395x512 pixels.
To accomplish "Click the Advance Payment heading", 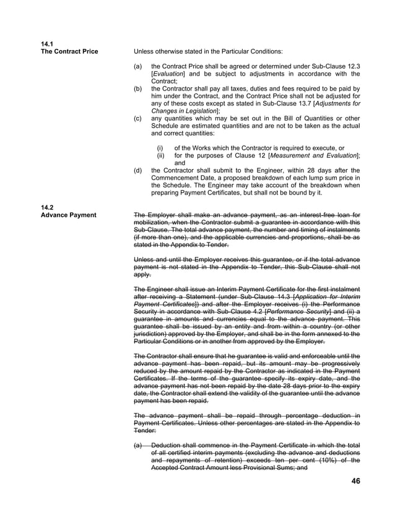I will click(67, 215).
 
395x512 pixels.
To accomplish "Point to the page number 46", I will click(355, 482).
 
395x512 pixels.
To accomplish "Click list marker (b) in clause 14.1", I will click(139, 89).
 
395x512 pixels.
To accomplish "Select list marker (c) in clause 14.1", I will click(139, 118).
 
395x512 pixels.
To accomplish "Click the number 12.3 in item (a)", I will click(354, 66).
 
